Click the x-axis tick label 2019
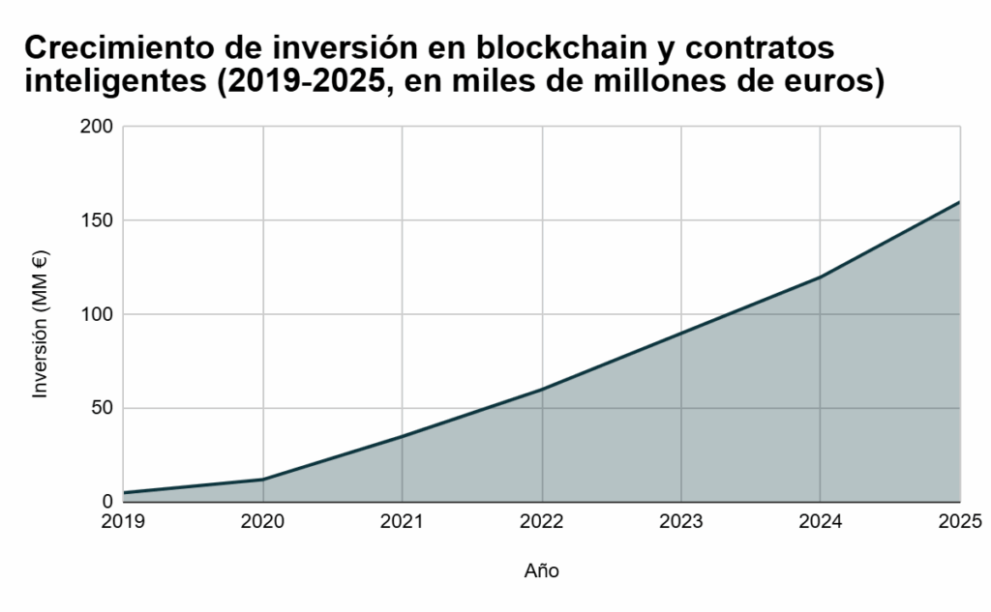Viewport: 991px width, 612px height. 123,522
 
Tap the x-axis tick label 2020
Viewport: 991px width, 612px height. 262,522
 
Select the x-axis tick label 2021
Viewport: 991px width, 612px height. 402,522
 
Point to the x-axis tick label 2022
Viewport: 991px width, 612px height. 542,522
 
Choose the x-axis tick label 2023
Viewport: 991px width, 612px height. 681,522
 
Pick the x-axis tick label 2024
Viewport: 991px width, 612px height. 821,522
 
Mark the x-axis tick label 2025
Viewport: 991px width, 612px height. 960,522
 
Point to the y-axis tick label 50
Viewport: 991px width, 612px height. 103,408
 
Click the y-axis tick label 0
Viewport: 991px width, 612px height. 107,502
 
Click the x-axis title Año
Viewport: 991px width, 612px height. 542,570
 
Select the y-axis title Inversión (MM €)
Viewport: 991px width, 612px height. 41,324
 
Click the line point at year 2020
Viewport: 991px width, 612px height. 263,480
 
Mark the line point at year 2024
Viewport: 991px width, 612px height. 821,277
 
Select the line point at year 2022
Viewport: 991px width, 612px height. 542,390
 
